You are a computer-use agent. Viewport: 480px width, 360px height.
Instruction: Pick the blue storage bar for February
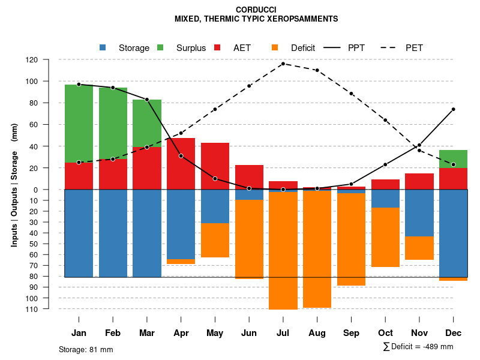pyautogui.click(x=113, y=233)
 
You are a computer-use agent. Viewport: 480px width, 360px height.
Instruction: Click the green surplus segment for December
pyautogui.click(x=454, y=159)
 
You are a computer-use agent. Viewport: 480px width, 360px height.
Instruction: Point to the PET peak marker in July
pyautogui.click(x=283, y=64)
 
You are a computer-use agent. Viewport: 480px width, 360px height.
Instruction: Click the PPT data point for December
pyautogui.click(x=454, y=109)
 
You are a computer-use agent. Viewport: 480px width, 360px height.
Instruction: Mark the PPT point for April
pyautogui.click(x=181, y=156)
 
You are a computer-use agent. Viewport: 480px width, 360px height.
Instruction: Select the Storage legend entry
pyautogui.click(x=126, y=48)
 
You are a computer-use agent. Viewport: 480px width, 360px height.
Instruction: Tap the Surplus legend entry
pyautogui.click(x=184, y=48)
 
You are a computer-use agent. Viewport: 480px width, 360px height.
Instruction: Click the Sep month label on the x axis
pyautogui.click(x=351, y=333)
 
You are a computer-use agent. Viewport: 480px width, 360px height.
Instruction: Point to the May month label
pyautogui.click(x=215, y=333)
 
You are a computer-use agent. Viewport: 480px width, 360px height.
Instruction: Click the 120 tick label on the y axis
pyautogui.click(x=49, y=60)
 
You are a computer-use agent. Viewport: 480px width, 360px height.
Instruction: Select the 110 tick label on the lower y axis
pyautogui.click(x=49, y=309)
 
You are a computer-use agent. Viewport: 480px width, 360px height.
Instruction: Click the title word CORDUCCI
pyautogui.click(x=256, y=10)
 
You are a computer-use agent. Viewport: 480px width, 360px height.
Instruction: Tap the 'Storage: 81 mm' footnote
pyautogui.click(x=86, y=349)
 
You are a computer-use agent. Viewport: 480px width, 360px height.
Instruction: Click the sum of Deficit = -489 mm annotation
pyautogui.click(x=418, y=347)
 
